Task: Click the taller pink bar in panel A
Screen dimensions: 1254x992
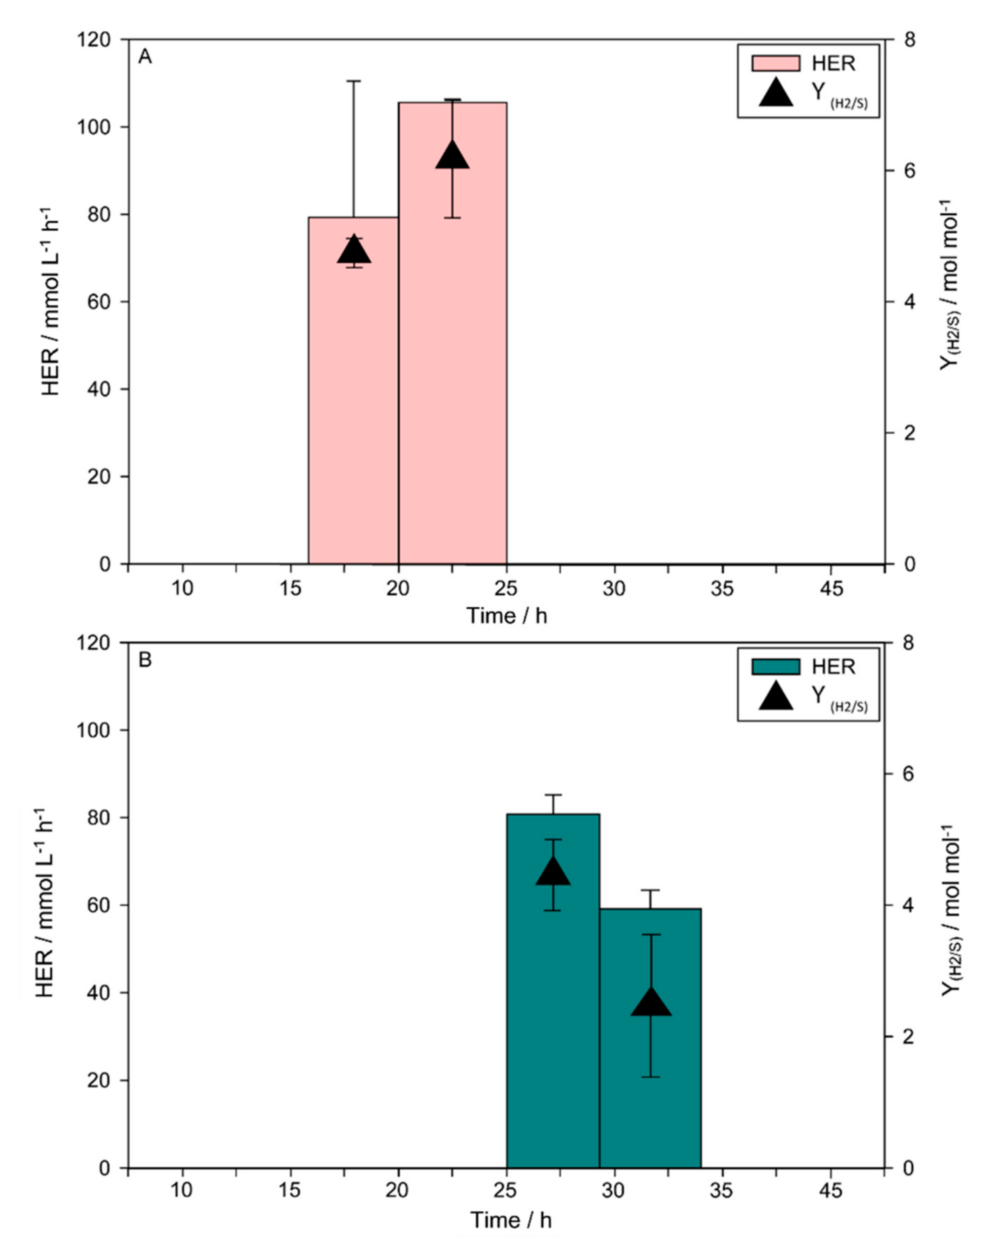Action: [452, 349]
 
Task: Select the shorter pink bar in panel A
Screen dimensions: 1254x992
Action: [353, 407]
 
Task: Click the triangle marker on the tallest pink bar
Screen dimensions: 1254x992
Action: [452, 156]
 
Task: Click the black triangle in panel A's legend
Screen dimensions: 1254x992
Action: [776, 93]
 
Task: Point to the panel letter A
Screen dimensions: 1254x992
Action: [145, 58]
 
